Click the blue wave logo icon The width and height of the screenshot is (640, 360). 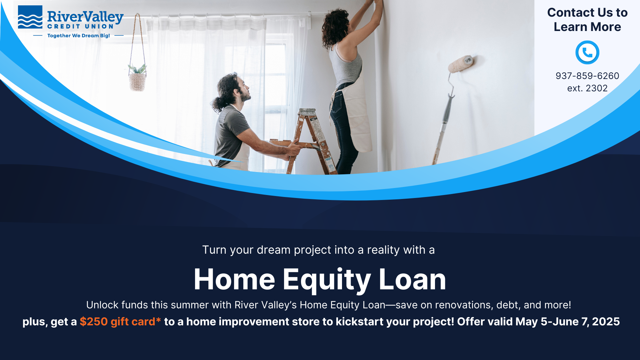[x=30, y=17]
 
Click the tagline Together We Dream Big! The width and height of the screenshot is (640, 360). [x=79, y=36]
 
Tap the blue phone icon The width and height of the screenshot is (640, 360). [x=587, y=52]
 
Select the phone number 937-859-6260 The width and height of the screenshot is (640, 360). [x=587, y=76]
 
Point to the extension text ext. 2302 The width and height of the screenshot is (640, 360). [x=587, y=88]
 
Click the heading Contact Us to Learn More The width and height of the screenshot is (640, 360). [x=587, y=20]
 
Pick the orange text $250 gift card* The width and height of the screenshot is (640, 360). [x=120, y=322]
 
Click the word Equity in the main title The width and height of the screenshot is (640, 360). [x=327, y=280]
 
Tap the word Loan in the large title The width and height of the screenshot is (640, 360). [x=412, y=279]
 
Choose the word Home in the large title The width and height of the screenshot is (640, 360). [x=234, y=279]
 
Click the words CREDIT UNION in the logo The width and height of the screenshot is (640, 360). [x=80, y=26]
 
